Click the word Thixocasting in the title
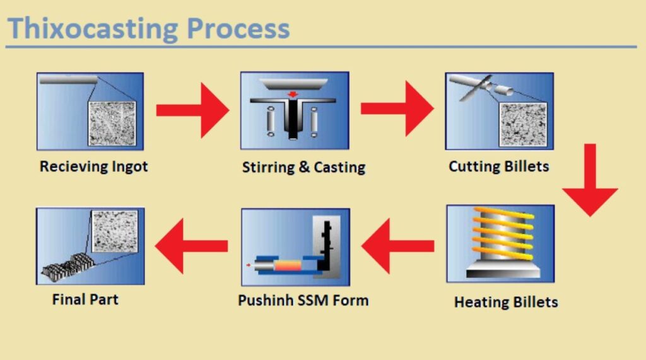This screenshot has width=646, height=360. [93, 29]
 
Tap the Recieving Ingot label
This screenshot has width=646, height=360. [93, 166]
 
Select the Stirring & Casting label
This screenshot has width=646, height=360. [303, 167]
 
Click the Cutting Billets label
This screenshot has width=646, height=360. [498, 166]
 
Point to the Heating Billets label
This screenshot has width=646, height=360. [506, 301]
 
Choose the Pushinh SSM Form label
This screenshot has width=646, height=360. [303, 299]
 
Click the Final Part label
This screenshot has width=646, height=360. [85, 298]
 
